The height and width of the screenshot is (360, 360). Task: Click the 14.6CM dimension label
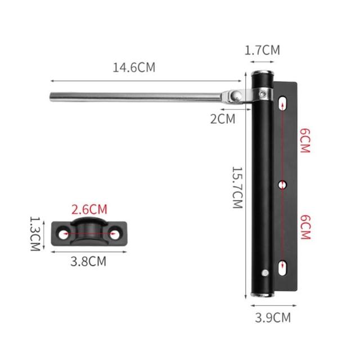click(x=134, y=67)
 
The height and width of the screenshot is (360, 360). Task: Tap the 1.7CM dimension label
click(x=262, y=50)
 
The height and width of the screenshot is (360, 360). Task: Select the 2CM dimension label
click(x=223, y=119)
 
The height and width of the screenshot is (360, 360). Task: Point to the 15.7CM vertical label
click(x=237, y=187)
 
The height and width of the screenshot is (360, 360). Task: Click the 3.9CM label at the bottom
click(x=273, y=317)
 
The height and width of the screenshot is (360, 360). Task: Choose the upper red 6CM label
click(x=305, y=141)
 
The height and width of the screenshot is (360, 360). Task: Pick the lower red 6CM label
click(x=305, y=227)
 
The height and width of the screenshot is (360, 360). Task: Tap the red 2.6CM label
click(x=89, y=209)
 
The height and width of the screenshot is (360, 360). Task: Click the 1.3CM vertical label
click(x=35, y=234)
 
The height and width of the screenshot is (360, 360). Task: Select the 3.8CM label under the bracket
click(x=88, y=261)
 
